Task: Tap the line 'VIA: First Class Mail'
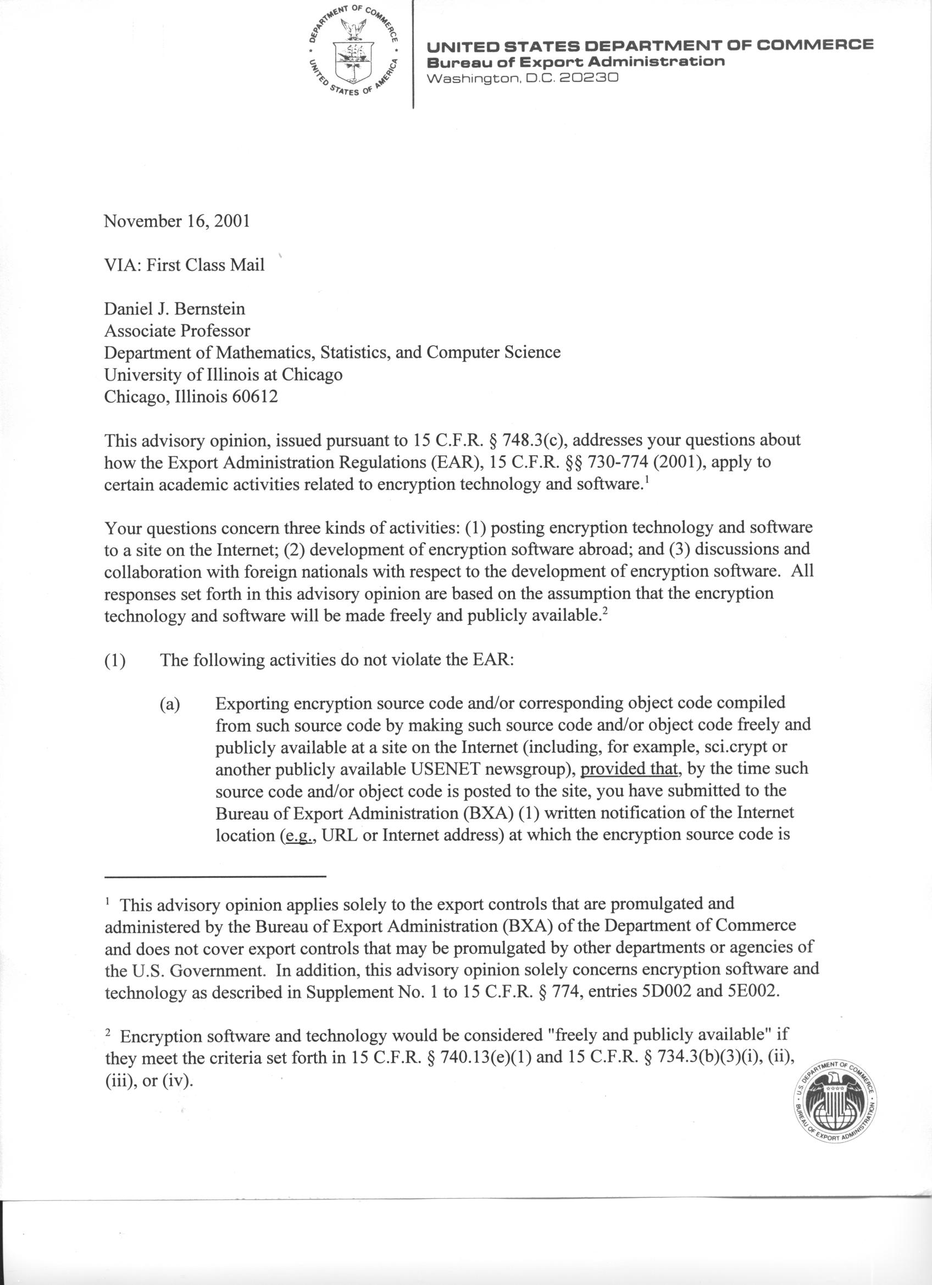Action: click(x=184, y=265)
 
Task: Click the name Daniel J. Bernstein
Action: click(x=175, y=309)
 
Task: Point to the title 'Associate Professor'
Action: click(x=177, y=330)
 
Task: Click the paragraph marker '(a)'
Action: click(x=169, y=704)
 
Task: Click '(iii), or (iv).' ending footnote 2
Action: click(x=149, y=1081)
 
